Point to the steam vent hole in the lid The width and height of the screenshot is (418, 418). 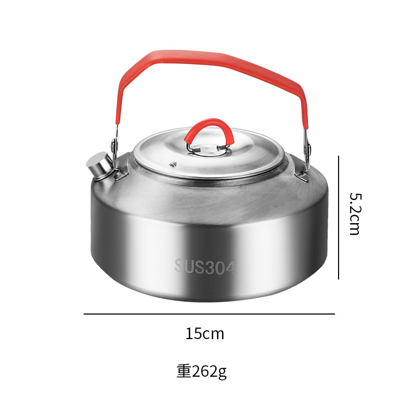click(173, 164)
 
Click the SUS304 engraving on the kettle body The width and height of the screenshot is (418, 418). click(205, 266)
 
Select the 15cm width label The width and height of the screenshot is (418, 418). click(205, 334)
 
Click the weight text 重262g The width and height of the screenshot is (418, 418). click(202, 371)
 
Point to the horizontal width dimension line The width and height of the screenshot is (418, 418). click(209, 314)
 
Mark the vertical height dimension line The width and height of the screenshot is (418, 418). click(339, 217)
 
